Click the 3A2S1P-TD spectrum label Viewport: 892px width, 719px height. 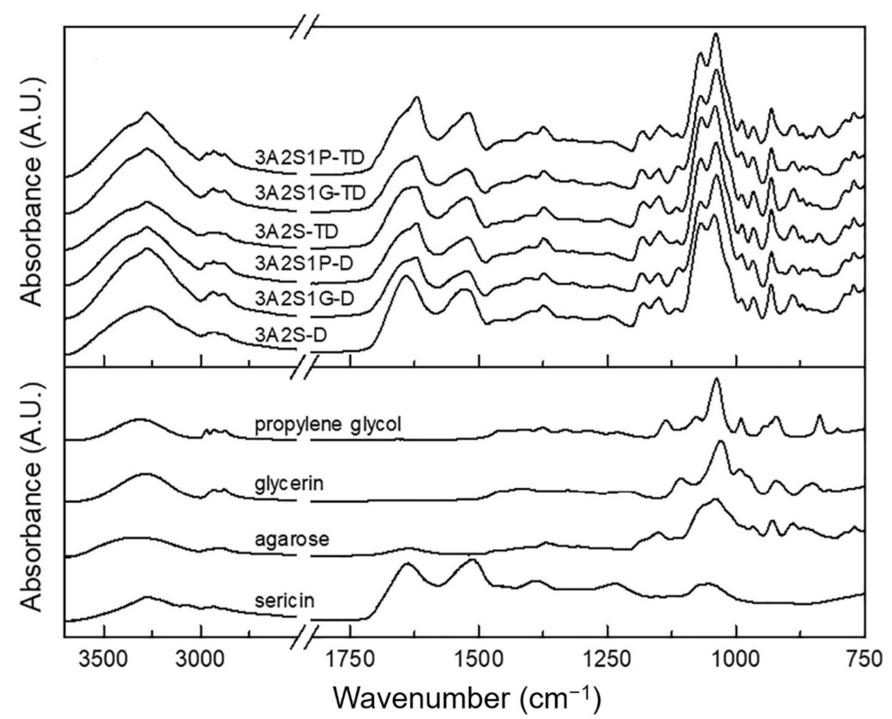coord(310,157)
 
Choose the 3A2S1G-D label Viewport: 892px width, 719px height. coord(305,298)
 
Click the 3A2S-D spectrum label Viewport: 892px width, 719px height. coord(291,335)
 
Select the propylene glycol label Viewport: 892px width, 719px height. coord(328,424)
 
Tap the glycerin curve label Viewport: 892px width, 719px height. coord(289,485)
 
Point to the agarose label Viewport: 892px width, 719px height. coord(292,540)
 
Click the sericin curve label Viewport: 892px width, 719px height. coord(284,599)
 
